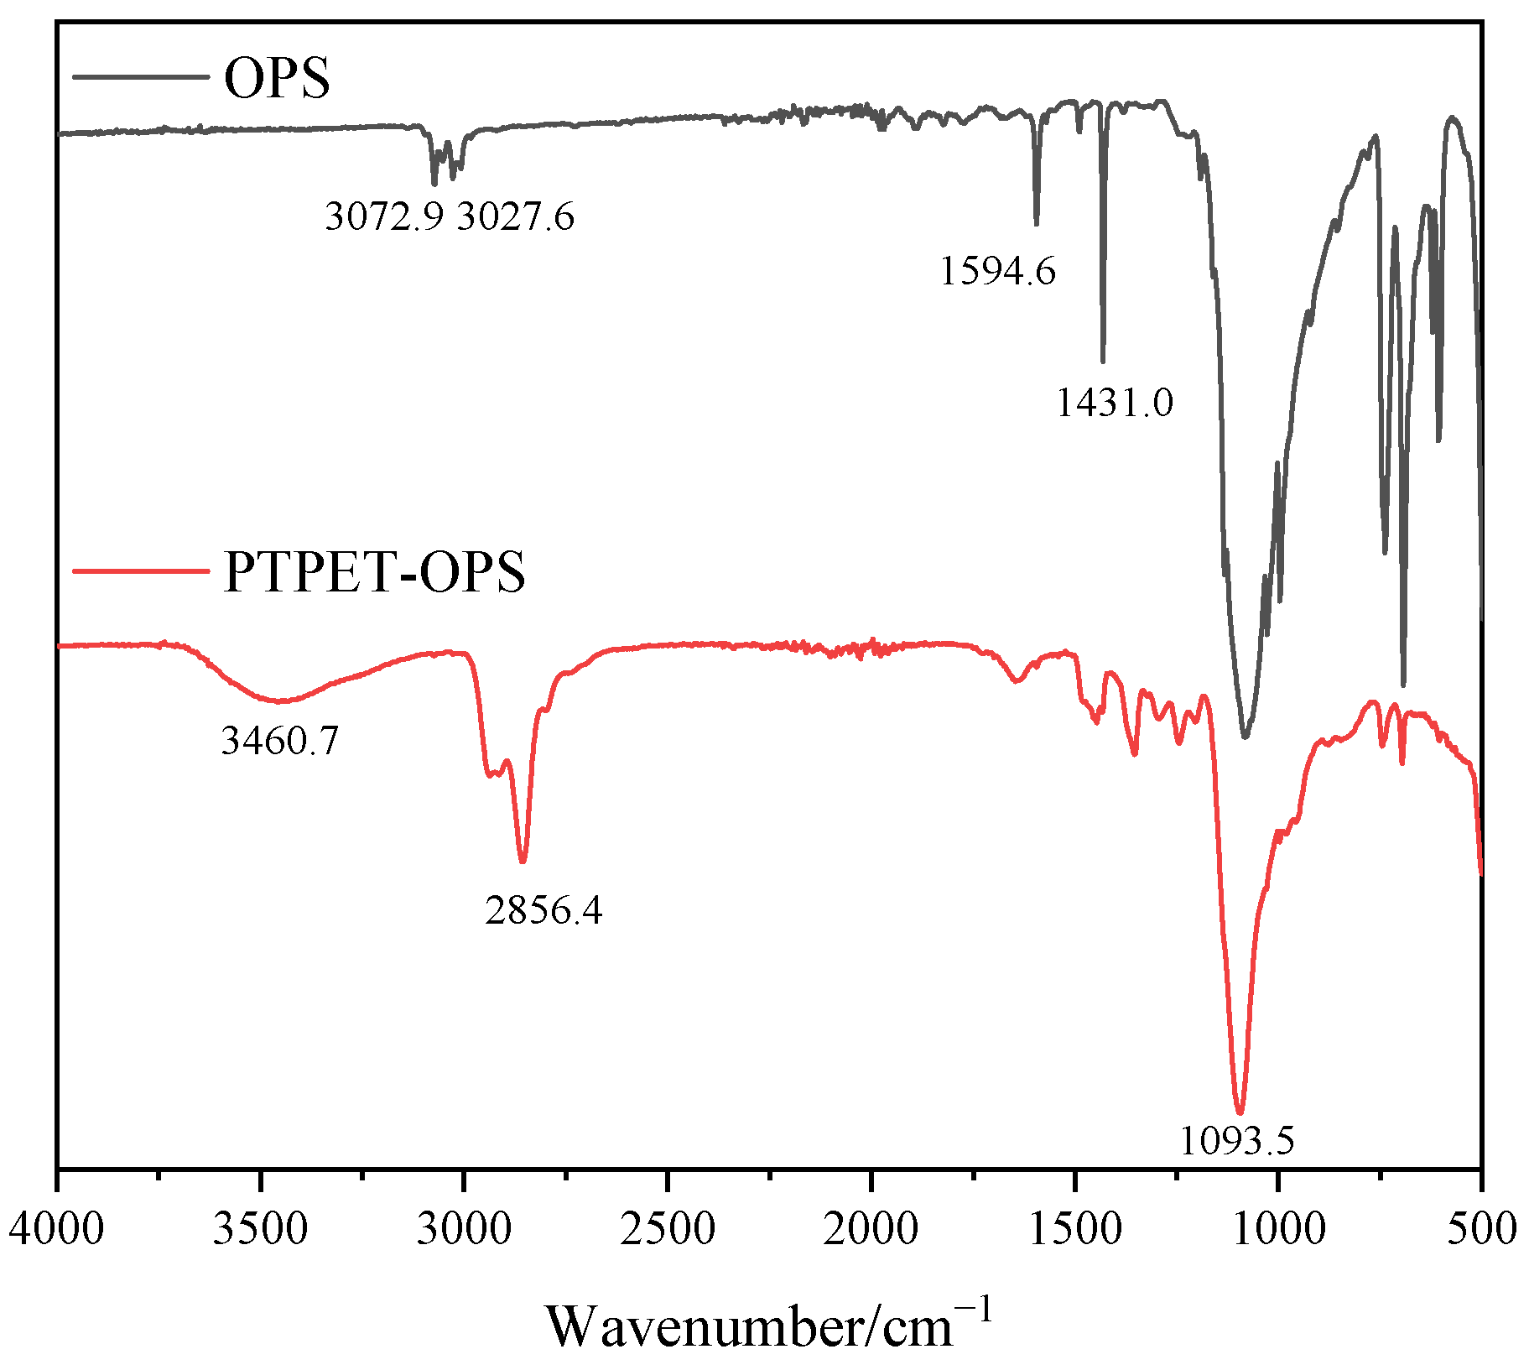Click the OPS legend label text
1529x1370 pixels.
pos(277,79)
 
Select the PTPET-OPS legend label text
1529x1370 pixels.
pos(374,572)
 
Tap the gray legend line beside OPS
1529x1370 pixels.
pos(141,77)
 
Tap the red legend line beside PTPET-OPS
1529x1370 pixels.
pos(141,571)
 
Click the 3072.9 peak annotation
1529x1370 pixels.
pos(383,217)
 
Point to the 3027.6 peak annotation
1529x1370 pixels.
pos(516,217)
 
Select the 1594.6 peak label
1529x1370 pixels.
pos(997,271)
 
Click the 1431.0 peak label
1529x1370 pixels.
pos(1114,403)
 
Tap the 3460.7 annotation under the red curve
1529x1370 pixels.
pos(279,741)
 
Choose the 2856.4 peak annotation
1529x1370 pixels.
pos(543,909)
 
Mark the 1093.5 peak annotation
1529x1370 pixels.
pos(1237,1140)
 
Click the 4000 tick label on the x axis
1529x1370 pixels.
pos(57,1230)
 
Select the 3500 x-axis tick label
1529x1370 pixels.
pos(261,1230)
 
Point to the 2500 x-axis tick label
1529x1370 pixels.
pos(668,1230)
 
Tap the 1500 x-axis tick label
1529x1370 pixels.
pos(1075,1230)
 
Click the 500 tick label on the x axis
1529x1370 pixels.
pos(1482,1230)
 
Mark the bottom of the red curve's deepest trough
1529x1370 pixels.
pos(1240,1112)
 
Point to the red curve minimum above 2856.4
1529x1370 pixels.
pos(523,861)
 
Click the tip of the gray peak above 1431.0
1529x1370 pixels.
pos(1103,361)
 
